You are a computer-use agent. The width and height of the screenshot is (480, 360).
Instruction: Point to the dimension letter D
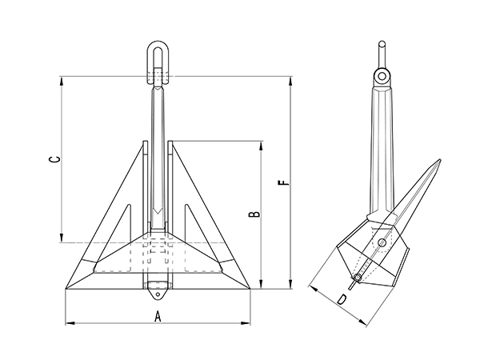[x=342, y=300]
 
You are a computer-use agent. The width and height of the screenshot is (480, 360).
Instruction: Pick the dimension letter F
[x=281, y=183]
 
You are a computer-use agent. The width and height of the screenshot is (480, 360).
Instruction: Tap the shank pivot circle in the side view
[x=384, y=77]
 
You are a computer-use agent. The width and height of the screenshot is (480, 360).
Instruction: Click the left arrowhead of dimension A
[x=66, y=323]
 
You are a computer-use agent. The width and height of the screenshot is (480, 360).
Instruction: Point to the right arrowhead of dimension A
[x=251, y=323]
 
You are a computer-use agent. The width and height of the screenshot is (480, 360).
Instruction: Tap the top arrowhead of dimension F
[x=290, y=78]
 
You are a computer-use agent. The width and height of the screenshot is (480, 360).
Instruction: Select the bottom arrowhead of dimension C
[x=62, y=239]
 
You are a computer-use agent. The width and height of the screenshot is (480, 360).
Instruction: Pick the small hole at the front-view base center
[x=158, y=286]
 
